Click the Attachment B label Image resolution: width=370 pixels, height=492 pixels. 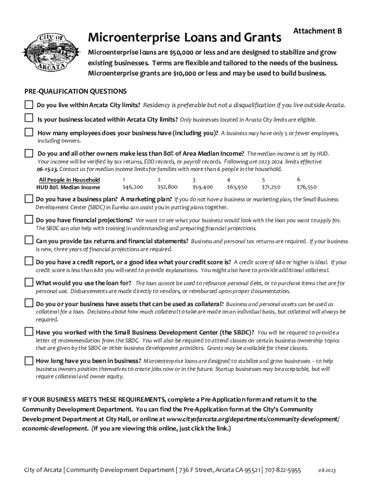pyautogui.click(x=317, y=31)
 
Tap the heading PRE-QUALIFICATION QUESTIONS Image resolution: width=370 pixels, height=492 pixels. pyautogui.click(x=75, y=91)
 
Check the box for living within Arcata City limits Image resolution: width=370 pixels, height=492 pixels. pyautogui.click(x=29, y=105)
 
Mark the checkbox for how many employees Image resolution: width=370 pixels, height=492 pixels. pyautogui.click(x=29, y=133)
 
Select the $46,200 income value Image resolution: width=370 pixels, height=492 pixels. pyautogui.click(x=133, y=187)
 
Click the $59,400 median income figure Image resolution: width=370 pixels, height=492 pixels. pyautogui.click(x=202, y=187)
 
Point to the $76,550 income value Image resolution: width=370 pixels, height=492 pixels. pyautogui.click(x=307, y=187)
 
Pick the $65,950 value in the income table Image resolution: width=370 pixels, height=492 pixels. pyautogui.click(x=237, y=187)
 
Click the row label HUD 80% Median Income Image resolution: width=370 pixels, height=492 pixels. pyautogui.click(x=68, y=187)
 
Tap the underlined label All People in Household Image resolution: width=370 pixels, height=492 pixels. pyautogui.click(x=69, y=180)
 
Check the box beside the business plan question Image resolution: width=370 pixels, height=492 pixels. pyautogui.click(x=28, y=199)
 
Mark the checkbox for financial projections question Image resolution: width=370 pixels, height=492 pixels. pyautogui.click(x=28, y=220)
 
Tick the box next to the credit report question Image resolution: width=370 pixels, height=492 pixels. pyautogui.click(x=28, y=262)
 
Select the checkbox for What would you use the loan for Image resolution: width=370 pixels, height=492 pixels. pyautogui.click(x=28, y=283)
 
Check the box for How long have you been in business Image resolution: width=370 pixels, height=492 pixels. pyautogui.click(x=28, y=360)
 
